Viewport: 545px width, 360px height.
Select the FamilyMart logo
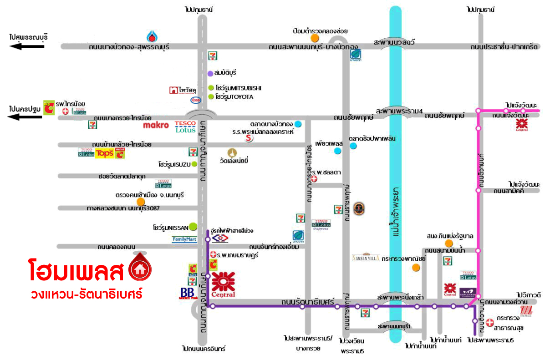[x=184, y=239]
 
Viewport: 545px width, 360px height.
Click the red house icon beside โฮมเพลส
[x=140, y=269]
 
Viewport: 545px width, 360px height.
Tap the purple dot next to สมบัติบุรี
[x=210, y=73]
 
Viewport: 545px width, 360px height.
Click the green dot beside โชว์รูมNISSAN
[x=193, y=226]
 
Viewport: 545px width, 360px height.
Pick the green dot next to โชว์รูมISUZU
[x=194, y=164]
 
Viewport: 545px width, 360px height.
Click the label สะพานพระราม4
[x=394, y=111]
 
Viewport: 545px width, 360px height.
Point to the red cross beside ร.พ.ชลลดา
[x=313, y=179]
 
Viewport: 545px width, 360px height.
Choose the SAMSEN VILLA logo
[x=366, y=258]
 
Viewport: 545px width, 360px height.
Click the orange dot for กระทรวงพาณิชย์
[x=415, y=267]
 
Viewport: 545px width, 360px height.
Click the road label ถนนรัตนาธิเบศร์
[x=314, y=302]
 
